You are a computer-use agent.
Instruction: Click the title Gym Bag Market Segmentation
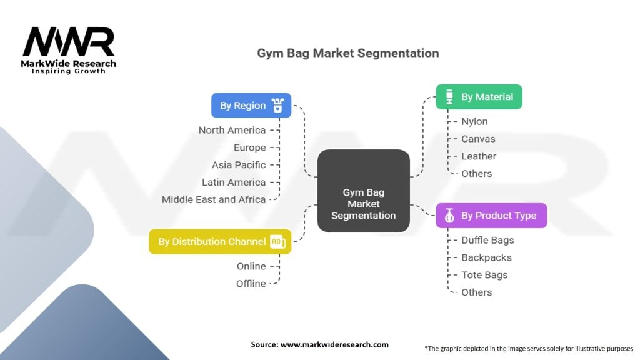coord(348,53)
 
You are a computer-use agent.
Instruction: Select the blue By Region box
coord(251,106)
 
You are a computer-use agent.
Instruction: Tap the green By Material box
coord(479,97)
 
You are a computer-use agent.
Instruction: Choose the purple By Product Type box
coord(491,216)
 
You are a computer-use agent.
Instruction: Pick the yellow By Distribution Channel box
coord(220,241)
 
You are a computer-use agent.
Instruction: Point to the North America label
coord(232,130)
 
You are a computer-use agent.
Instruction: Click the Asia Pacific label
coord(238,165)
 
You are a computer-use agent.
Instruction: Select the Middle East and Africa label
coord(214,199)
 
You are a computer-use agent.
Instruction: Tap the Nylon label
coord(474,121)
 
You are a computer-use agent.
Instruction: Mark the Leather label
coord(479,156)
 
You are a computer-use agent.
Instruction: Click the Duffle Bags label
coord(487,240)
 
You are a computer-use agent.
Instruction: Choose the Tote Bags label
coord(484,275)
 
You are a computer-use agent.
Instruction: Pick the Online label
coord(251,266)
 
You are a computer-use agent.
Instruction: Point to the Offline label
coord(251,284)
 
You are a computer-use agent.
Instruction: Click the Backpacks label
coord(486,257)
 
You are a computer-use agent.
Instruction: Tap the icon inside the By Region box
coord(278,106)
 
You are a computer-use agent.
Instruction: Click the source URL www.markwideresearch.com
coord(335,344)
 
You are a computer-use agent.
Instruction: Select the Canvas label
coord(478,139)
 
